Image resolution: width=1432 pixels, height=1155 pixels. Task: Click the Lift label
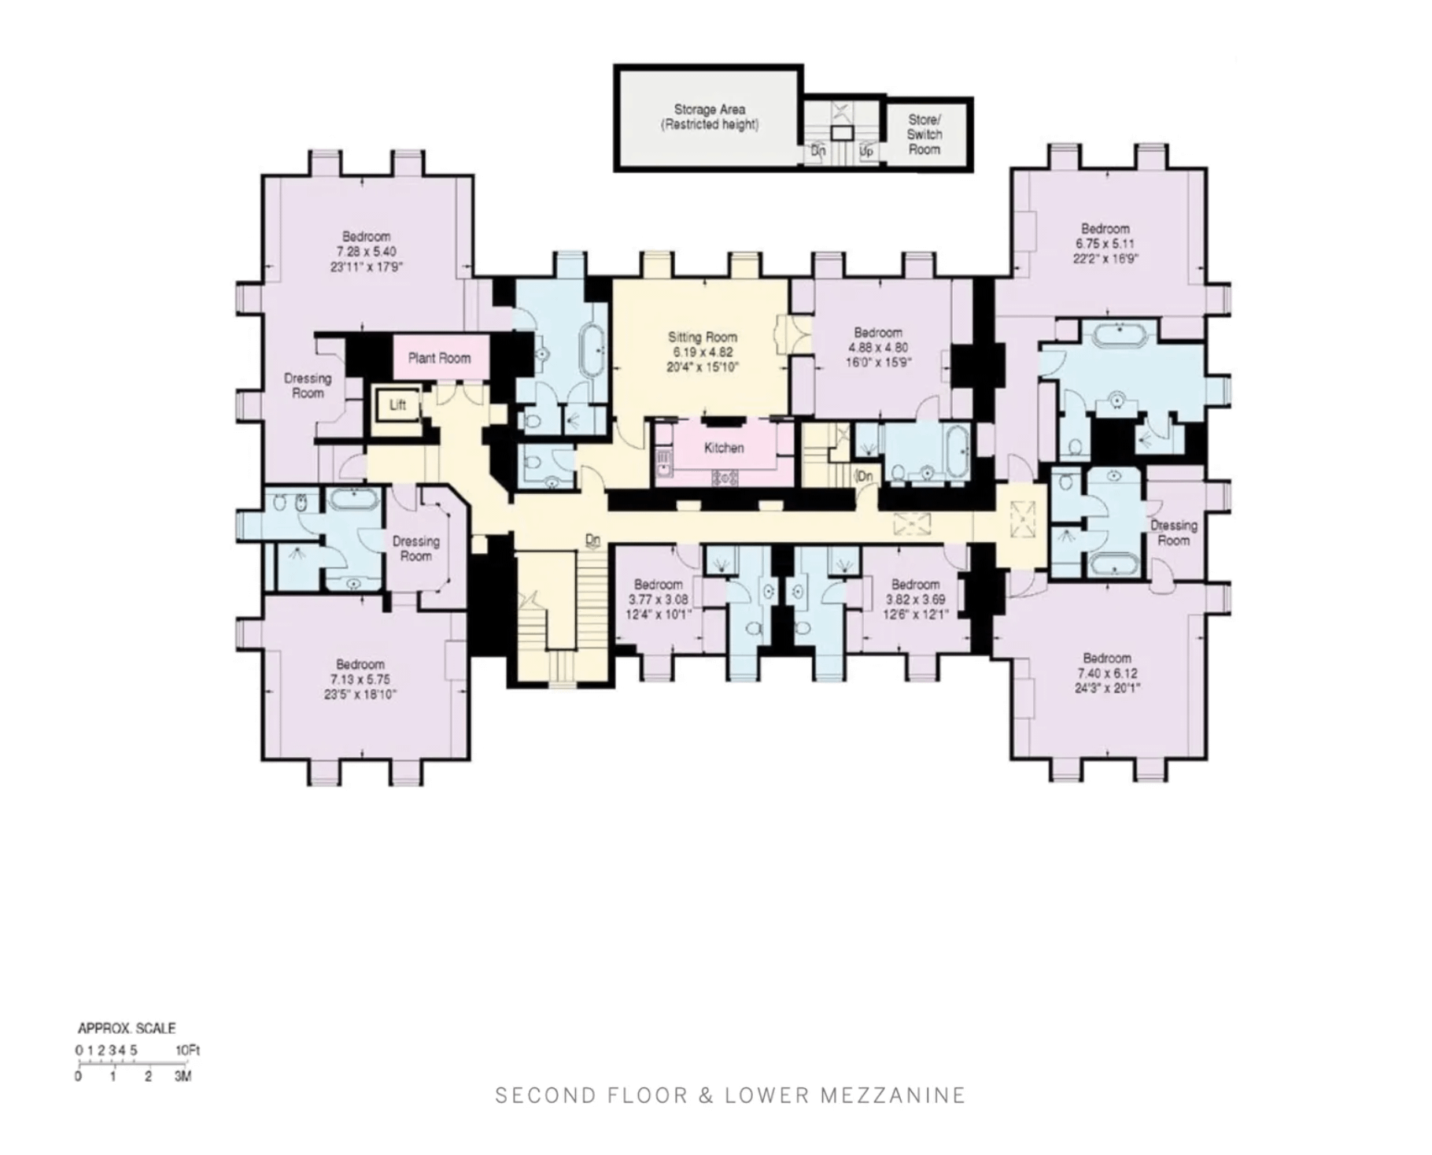tap(398, 405)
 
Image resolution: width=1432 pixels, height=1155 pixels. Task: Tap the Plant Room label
tap(439, 358)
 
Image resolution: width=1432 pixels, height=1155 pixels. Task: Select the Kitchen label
tap(724, 448)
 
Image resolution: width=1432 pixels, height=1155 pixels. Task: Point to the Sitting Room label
tap(703, 337)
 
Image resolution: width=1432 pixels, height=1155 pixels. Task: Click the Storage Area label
tap(709, 109)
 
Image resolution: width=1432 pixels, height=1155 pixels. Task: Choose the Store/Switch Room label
tap(924, 135)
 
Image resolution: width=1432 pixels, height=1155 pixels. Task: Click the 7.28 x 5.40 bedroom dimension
tap(366, 252)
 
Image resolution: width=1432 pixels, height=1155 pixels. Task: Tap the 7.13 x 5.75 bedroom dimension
tap(360, 680)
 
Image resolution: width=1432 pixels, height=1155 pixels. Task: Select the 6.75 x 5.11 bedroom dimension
tap(1105, 243)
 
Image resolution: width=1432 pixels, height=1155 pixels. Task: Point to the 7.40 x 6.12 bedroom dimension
tap(1107, 673)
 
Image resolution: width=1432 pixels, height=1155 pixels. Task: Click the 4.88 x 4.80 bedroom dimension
tap(878, 347)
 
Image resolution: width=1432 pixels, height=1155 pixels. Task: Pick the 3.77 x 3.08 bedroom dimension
tap(659, 599)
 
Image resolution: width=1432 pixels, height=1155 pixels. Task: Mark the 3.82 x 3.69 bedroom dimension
tap(915, 599)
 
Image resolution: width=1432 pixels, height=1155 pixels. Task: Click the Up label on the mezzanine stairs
tap(866, 151)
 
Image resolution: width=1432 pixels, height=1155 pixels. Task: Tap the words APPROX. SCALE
tap(127, 1028)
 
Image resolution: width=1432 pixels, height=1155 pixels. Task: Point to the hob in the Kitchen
tap(725, 477)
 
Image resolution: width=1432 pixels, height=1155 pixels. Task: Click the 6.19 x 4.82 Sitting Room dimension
tap(703, 352)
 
